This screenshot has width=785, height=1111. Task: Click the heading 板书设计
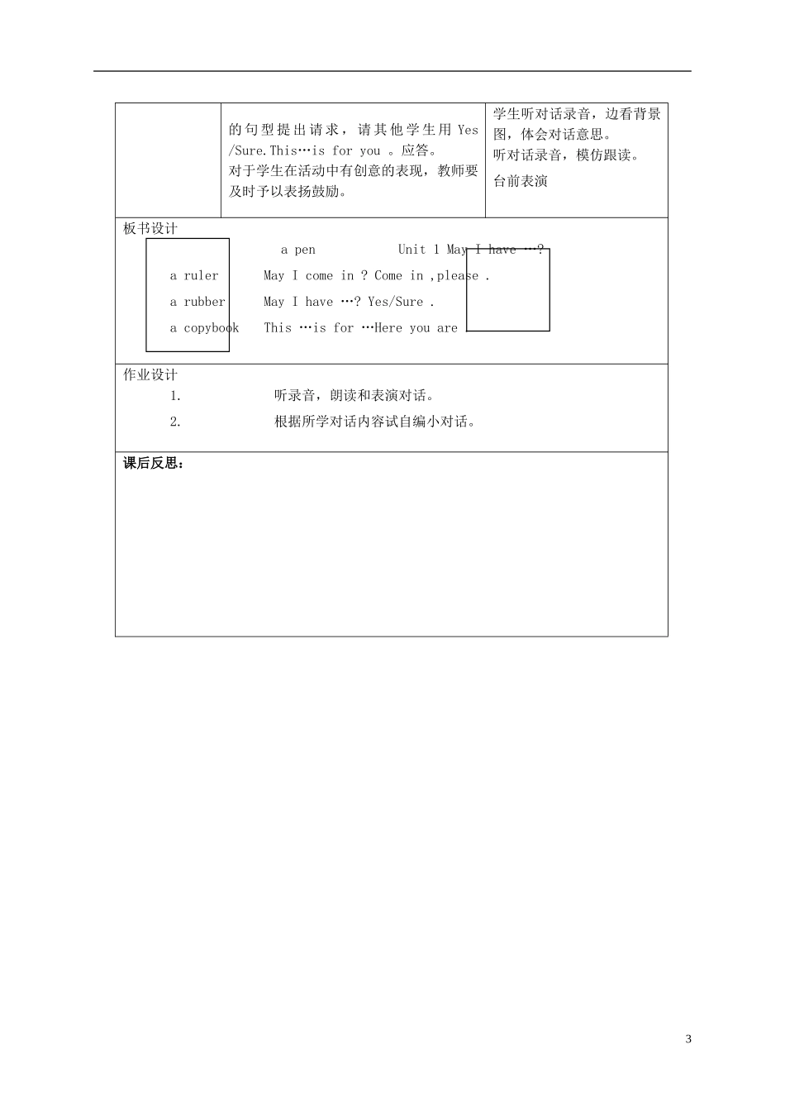pyautogui.click(x=150, y=229)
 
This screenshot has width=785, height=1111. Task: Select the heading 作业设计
pyautogui.click(x=150, y=375)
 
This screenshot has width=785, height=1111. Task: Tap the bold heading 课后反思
pyautogui.click(x=154, y=464)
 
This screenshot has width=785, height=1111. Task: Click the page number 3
pyautogui.click(x=688, y=1039)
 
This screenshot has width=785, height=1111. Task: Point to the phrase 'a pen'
pyautogui.click(x=297, y=250)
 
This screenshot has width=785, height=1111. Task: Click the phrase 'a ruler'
pyautogui.click(x=194, y=276)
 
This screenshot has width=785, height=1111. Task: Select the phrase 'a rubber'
pyautogui.click(x=197, y=302)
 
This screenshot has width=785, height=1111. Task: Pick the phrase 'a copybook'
pyautogui.click(x=204, y=328)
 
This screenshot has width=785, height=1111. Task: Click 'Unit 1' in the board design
pyautogui.click(x=418, y=250)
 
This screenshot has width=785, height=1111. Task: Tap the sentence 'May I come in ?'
pyautogui.click(x=316, y=276)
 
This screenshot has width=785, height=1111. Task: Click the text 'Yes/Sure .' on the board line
pyautogui.click(x=401, y=303)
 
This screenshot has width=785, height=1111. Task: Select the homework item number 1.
pyautogui.click(x=175, y=396)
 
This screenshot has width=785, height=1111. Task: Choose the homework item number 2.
pyautogui.click(x=175, y=422)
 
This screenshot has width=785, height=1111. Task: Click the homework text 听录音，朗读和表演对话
pyautogui.click(x=354, y=396)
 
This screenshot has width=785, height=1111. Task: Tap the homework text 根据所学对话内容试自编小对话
pyautogui.click(x=375, y=422)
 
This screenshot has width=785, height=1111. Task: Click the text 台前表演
pyautogui.click(x=520, y=181)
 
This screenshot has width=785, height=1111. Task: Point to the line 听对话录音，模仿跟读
pyautogui.click(x=566, y=155)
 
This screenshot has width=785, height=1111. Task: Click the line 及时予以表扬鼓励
pyautogui.click(x=287, y=192)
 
